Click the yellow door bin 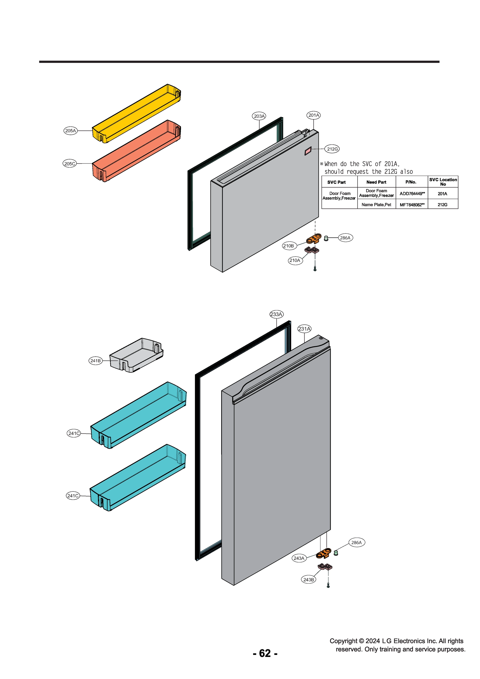136,114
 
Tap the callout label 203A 259,116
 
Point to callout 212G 332,149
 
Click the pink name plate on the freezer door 308,151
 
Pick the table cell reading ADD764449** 412,194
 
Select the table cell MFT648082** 412,204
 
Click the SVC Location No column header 443,182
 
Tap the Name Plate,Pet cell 376,204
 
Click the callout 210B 289,246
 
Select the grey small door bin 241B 136,355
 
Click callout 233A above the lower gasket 276,314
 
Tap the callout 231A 304,328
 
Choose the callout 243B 309,580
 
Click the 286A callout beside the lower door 356,542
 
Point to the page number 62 265,653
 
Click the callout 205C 70,164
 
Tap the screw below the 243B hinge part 328,585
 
